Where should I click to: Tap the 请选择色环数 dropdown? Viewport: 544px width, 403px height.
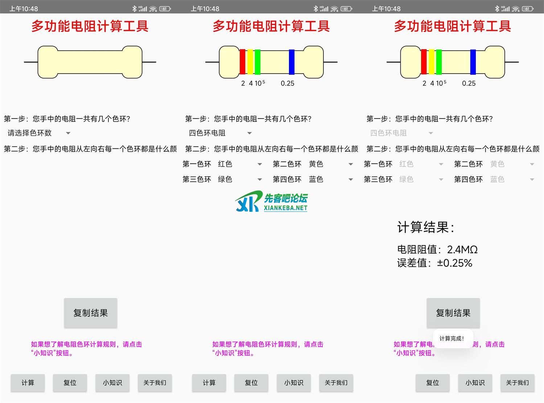pyautogui.click(x=38, y=133)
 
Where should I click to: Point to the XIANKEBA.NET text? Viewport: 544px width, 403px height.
pyautogui.click(x=285, y=208)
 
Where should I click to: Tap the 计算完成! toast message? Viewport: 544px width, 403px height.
pyautogui.click(x=452, y=338)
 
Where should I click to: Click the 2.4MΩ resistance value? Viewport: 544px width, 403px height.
pyautogui.click(x=462, y=250)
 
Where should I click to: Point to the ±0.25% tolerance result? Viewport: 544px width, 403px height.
pyautogui.click(x=454, y=263)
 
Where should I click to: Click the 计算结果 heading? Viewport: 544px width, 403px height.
pyautogui.click(x=425, y=227)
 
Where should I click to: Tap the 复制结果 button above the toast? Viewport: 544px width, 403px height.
pyautogui.click(x=453, y=313)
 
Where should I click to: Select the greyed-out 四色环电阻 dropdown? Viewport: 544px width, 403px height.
pyautogui.click(x=401, y=133)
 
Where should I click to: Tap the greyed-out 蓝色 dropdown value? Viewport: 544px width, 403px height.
pyautogui.click(x=511, y=179)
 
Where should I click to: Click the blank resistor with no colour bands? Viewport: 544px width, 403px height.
pyautogui.click(x=90, y=62)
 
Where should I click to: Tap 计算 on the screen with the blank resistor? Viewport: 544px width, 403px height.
pyautogui.click(x=28, y=383)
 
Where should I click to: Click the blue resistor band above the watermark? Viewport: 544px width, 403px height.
pyautogui.click(x=292, y=62)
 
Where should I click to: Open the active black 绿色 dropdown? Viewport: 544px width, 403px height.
pyautogui.click(x=239, y=179)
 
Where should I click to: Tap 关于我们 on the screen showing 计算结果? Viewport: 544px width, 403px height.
pyautogui.click(x=517, y=383)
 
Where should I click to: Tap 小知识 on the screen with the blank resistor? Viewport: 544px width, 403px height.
pyautogui.click(x=112, y=383)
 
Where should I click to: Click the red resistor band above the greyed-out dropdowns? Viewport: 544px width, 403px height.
pyautogui.click(x=423, y=62)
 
